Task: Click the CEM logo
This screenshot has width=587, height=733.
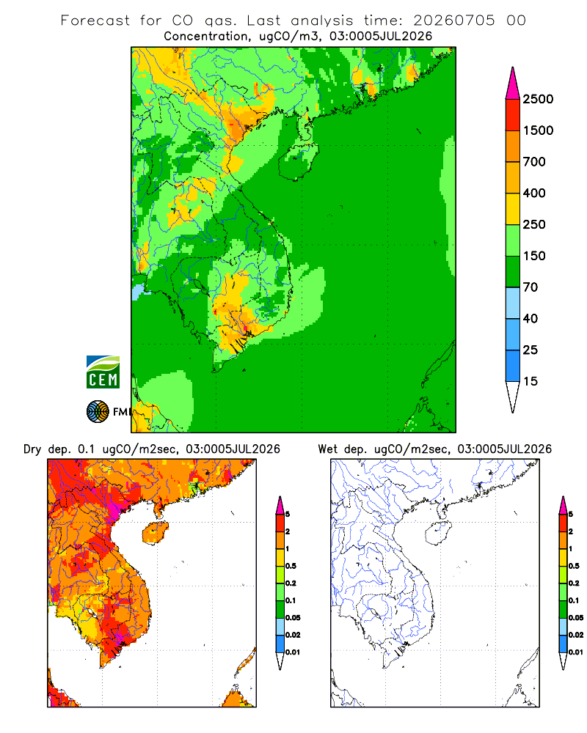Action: click(x=103, y=372)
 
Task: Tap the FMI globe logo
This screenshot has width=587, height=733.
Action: click(x=98, y=411)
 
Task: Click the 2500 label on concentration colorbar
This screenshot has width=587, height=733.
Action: click(x=538, y=99)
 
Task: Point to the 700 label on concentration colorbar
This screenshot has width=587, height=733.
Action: click(x=534, y=162)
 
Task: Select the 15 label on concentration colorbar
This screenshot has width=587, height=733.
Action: click(x=531, y=381)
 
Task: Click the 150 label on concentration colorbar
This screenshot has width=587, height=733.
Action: click(x=534, y=256)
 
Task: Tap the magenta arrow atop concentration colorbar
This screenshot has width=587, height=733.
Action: click(x=513, y=84)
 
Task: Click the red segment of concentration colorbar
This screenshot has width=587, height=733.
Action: click(x=513, y=115)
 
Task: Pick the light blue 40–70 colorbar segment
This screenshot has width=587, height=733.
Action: click(x=513, y=303)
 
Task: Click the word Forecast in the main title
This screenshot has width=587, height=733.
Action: click(x=95, y=21)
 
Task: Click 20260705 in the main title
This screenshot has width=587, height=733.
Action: click(x=453, y=21)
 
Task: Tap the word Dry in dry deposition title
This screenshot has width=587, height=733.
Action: click(x=32, y=449)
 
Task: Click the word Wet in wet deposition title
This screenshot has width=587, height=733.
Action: click(x=327, y=449)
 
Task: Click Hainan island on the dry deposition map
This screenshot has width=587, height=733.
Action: click(x=155, y=533)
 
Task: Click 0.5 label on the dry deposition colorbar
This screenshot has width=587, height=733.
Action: click(x=291, y=566)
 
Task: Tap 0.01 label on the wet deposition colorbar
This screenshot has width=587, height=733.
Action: click(x=576, y=652)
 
